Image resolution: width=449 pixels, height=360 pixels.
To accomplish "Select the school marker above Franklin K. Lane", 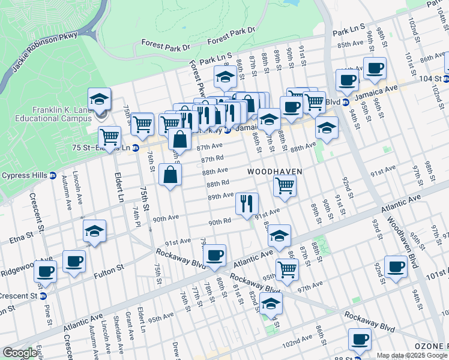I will click(100, 99).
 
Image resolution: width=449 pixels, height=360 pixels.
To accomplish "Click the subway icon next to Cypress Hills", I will click(52, 176).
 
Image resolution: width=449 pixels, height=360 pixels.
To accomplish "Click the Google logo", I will click(19, 353).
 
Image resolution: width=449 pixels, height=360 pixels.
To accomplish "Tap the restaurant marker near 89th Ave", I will click(247, 203).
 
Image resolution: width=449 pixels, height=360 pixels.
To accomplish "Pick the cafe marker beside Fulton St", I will click(74, 261).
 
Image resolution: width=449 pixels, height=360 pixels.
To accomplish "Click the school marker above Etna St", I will click(95, 231).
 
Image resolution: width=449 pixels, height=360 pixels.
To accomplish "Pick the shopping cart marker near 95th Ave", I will click(287, 269).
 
